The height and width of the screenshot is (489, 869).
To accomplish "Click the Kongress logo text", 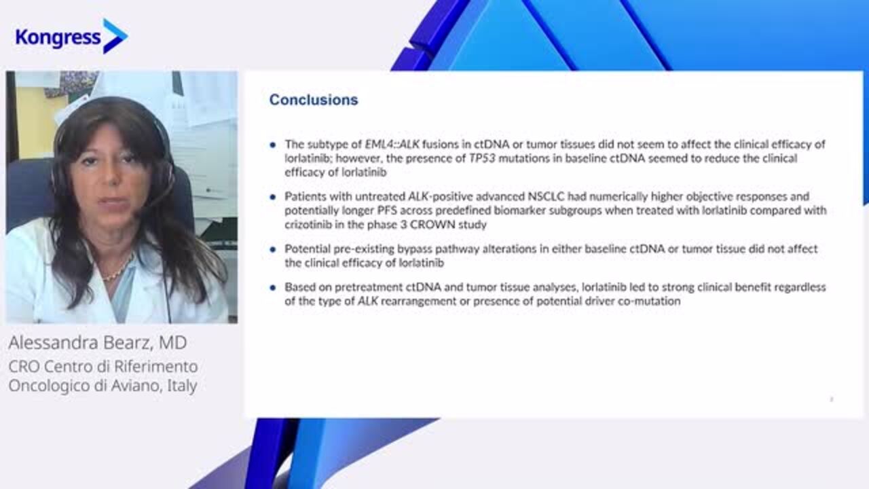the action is (x=58, y=38).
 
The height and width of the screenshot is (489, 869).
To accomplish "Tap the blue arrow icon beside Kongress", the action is (x=115, y=36).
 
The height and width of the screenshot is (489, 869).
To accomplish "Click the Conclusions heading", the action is (x=314, y=100).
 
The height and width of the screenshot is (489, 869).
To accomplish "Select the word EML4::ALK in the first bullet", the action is (x=392, y=145).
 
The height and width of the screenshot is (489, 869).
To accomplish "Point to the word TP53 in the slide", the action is (x=482, y=158).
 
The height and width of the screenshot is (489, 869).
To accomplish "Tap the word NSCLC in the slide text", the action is (x=547, y=196).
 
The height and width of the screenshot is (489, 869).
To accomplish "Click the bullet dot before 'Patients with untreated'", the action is (x=273, y=197).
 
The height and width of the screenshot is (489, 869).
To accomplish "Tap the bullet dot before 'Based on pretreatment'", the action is (x=273, y=288).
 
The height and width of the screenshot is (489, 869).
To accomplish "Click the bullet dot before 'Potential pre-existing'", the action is (x=273, y=249).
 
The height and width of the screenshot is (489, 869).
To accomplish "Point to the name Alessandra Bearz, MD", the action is (x=98, y=343).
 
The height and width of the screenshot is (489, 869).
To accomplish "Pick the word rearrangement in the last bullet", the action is (x=419, y=302).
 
